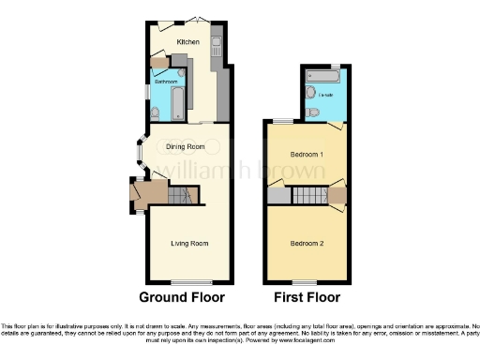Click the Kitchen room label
pos(187,42)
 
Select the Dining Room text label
pos(185,146)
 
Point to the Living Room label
pos(188,244)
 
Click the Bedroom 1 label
pos(307,154)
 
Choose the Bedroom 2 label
pos(307,244)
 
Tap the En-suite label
pos(326,95)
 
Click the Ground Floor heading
pos(182,298)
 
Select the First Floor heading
pos(307,298)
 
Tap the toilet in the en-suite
pos(314,112)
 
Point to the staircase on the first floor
pos(308,196)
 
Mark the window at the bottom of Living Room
pos(187,281)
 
